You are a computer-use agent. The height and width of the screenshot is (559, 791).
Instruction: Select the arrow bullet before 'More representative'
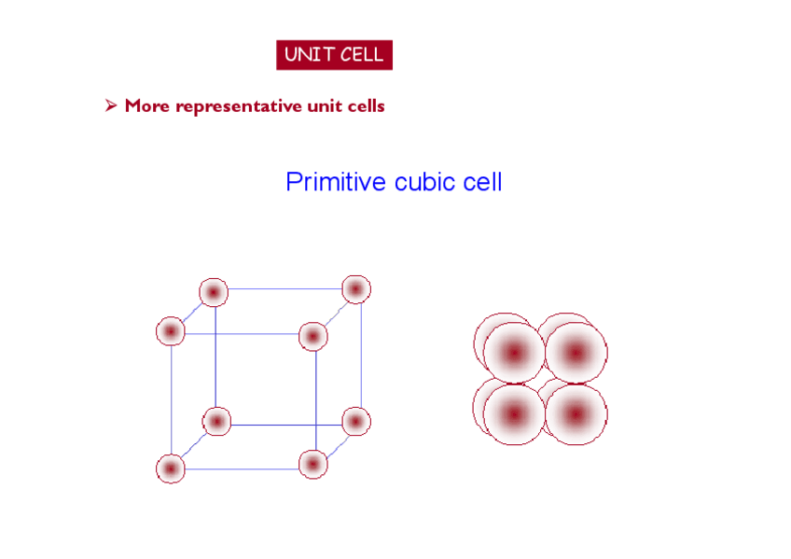click(x=110, y=106)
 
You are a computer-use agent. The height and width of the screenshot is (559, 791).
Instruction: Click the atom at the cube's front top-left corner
click(x=171, y=331)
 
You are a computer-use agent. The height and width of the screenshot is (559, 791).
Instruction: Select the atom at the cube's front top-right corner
click(x=313, y=336)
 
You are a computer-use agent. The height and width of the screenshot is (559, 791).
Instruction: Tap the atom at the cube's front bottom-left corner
click(x=171, y=468)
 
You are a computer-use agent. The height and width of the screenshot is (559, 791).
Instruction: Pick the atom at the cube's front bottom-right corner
click(x=313, y=463)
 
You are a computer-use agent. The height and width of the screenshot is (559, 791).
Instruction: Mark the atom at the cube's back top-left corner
click(x=214, y=292)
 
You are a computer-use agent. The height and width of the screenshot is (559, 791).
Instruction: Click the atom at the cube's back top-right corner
click(x=356, y=289)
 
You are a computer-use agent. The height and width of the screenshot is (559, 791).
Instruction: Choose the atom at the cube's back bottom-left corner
click(x=215, y=422)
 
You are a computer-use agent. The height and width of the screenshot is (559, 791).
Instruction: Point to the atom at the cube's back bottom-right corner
click(x=355, y=422)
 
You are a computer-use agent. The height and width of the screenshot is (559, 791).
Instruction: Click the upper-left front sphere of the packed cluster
click(x=514, y=354)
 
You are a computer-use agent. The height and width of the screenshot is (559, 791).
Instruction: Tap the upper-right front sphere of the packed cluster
click(x=576, y=354)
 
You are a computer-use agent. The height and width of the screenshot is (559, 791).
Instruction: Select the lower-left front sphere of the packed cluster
click(x=514, y=414)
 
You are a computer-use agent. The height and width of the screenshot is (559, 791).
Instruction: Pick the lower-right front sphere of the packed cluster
click(x=576, y=414)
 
